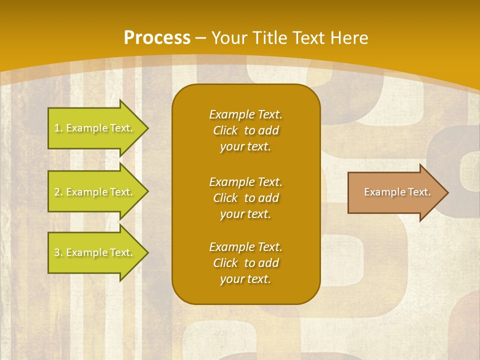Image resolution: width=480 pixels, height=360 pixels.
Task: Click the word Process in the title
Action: (157, 38)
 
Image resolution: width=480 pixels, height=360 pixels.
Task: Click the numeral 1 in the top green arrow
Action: (57, 128)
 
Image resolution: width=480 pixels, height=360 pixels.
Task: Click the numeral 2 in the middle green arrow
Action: (57, 192)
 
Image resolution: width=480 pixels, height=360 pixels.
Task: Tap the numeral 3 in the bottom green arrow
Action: (57, 252)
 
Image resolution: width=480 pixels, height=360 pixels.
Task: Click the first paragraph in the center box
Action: (245, 130)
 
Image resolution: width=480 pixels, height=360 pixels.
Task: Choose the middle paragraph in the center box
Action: (245, 198)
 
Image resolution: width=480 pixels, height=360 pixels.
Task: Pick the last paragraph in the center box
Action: (245, 263)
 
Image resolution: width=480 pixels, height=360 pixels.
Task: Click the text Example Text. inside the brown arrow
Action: (397, 192)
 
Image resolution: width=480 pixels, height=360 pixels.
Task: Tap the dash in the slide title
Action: (200, 38)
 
